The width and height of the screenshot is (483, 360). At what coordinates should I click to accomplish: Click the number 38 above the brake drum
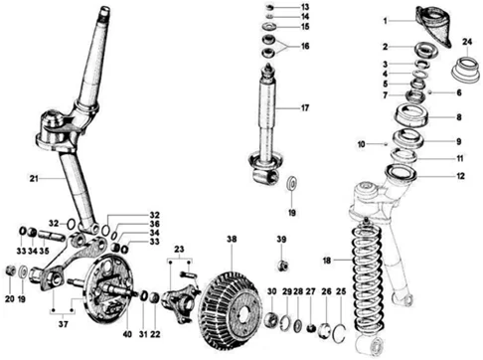(232, 239)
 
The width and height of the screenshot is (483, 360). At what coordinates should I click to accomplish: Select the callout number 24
(467, 42)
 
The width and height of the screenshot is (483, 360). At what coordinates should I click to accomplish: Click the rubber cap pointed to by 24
(466, 70)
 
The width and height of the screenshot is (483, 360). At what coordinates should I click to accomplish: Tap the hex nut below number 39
(282, 266)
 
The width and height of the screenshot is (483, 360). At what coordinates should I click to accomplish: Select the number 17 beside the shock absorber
(305, 108)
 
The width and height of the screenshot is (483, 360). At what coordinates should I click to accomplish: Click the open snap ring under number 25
(338, 333)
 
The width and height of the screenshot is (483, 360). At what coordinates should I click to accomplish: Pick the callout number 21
(34, 179)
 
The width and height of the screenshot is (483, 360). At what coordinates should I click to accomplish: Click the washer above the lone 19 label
(292, 183)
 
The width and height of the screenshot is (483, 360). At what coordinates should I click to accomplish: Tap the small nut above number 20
(10, 270)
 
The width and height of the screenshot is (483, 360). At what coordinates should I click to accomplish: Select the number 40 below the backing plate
(127, 334)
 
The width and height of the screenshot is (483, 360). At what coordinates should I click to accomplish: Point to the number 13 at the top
(305, 7)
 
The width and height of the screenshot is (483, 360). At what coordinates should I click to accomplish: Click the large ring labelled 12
(402, 173)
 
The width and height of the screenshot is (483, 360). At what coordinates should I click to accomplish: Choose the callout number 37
(63, 324)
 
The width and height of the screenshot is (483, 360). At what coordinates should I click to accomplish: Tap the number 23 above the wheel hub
(179, 249)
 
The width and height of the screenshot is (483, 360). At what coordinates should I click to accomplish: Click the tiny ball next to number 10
(386, 144)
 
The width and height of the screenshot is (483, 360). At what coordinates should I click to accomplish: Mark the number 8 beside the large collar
(459, 117)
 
